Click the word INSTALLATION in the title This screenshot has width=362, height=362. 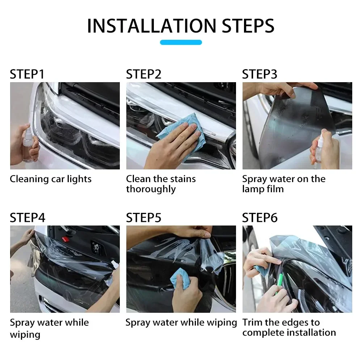click(152, 26)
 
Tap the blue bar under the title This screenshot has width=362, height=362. click(181, 42)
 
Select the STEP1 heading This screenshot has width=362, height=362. click(27, 74)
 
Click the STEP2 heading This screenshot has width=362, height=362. click(144, 74)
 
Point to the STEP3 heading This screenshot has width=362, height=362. click(260, 74)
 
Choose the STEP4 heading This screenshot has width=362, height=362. click(28, 218)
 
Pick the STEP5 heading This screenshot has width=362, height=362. click(144, 218)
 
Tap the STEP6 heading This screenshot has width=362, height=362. click(260, 218)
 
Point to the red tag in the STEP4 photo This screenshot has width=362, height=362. click(65, 239)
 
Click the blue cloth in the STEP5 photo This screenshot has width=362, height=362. click(181, 278)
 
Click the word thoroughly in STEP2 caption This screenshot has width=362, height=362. click(151, 189)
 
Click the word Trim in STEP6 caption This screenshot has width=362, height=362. click(252, 322)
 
